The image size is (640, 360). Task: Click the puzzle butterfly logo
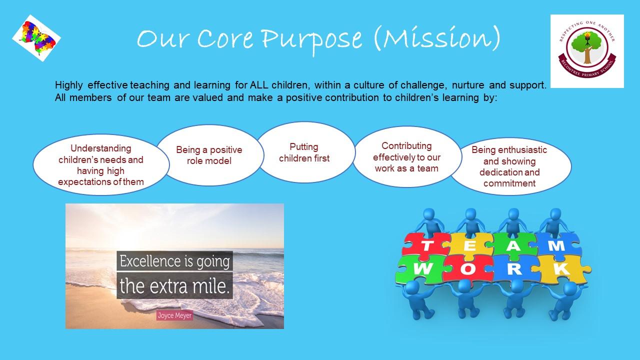click(x=36, y=38)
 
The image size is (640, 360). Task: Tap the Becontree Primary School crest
click(x=587, y=51)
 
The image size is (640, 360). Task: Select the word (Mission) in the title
click(x=437, y=38)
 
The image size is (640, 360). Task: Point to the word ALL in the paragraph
click(x=259, y=85)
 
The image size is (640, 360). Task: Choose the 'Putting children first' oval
click(x=305, y=152)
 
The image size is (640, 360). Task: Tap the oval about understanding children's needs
click(x=101, y=165)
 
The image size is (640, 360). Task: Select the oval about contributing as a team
click(x=407, y=157)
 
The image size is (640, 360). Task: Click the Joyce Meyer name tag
click(x=174, y=315)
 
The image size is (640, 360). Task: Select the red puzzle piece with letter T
click(x=425, y=245)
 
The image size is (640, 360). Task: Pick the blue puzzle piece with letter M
click(x=557, y=245)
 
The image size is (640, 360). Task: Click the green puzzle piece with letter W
click(x=420, y=269)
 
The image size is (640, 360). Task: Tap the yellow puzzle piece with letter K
click(x=561, y=269)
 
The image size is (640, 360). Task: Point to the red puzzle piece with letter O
click(x=467, y=269)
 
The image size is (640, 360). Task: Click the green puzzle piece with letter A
click(x=513, y=245)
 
